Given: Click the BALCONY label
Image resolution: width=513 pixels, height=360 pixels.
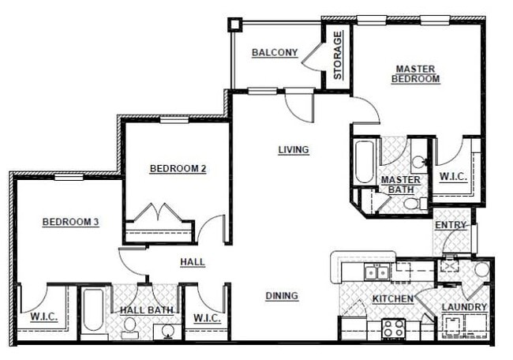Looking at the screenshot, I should point(274,54).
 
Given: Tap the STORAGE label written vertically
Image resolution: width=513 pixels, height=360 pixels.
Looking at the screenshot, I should point(337,55).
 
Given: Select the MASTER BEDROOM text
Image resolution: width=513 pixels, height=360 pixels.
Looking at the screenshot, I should point(416,74).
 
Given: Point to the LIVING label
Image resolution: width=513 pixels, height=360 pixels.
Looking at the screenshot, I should point(293,150).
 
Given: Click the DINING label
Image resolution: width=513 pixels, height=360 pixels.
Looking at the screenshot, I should point(282,296).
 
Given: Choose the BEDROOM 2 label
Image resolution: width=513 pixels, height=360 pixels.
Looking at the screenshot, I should point(178,168).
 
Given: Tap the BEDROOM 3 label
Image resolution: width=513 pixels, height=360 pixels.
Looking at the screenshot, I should point(70,223).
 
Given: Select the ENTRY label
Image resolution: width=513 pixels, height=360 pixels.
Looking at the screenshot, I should point(451,225).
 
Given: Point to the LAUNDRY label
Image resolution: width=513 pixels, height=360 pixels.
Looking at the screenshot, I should point(464,307).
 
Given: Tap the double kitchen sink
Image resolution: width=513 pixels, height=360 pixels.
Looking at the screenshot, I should point(376,272).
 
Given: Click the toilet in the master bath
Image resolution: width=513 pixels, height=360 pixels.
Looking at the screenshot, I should point(410,203).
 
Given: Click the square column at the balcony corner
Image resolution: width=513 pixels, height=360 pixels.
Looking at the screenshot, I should point(234,24).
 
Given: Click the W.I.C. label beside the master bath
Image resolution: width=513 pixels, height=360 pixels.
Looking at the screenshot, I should point(453,176).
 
